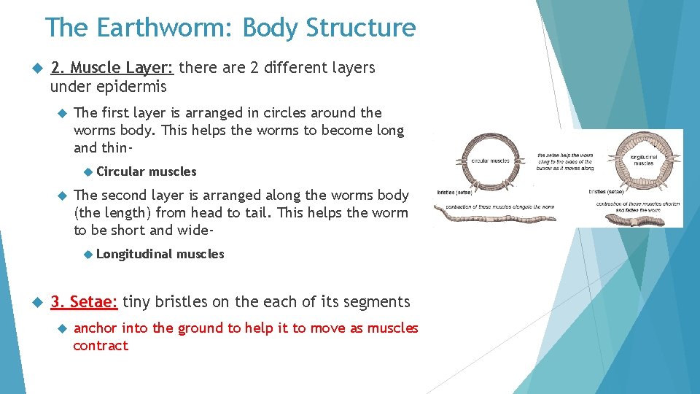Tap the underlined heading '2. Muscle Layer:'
(112, 68)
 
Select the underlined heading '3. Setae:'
(84, 302)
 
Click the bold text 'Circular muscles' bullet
(146, 171)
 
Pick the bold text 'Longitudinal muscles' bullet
(160, 254)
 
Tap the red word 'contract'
(101, 346)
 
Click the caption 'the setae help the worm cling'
(565, 161)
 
